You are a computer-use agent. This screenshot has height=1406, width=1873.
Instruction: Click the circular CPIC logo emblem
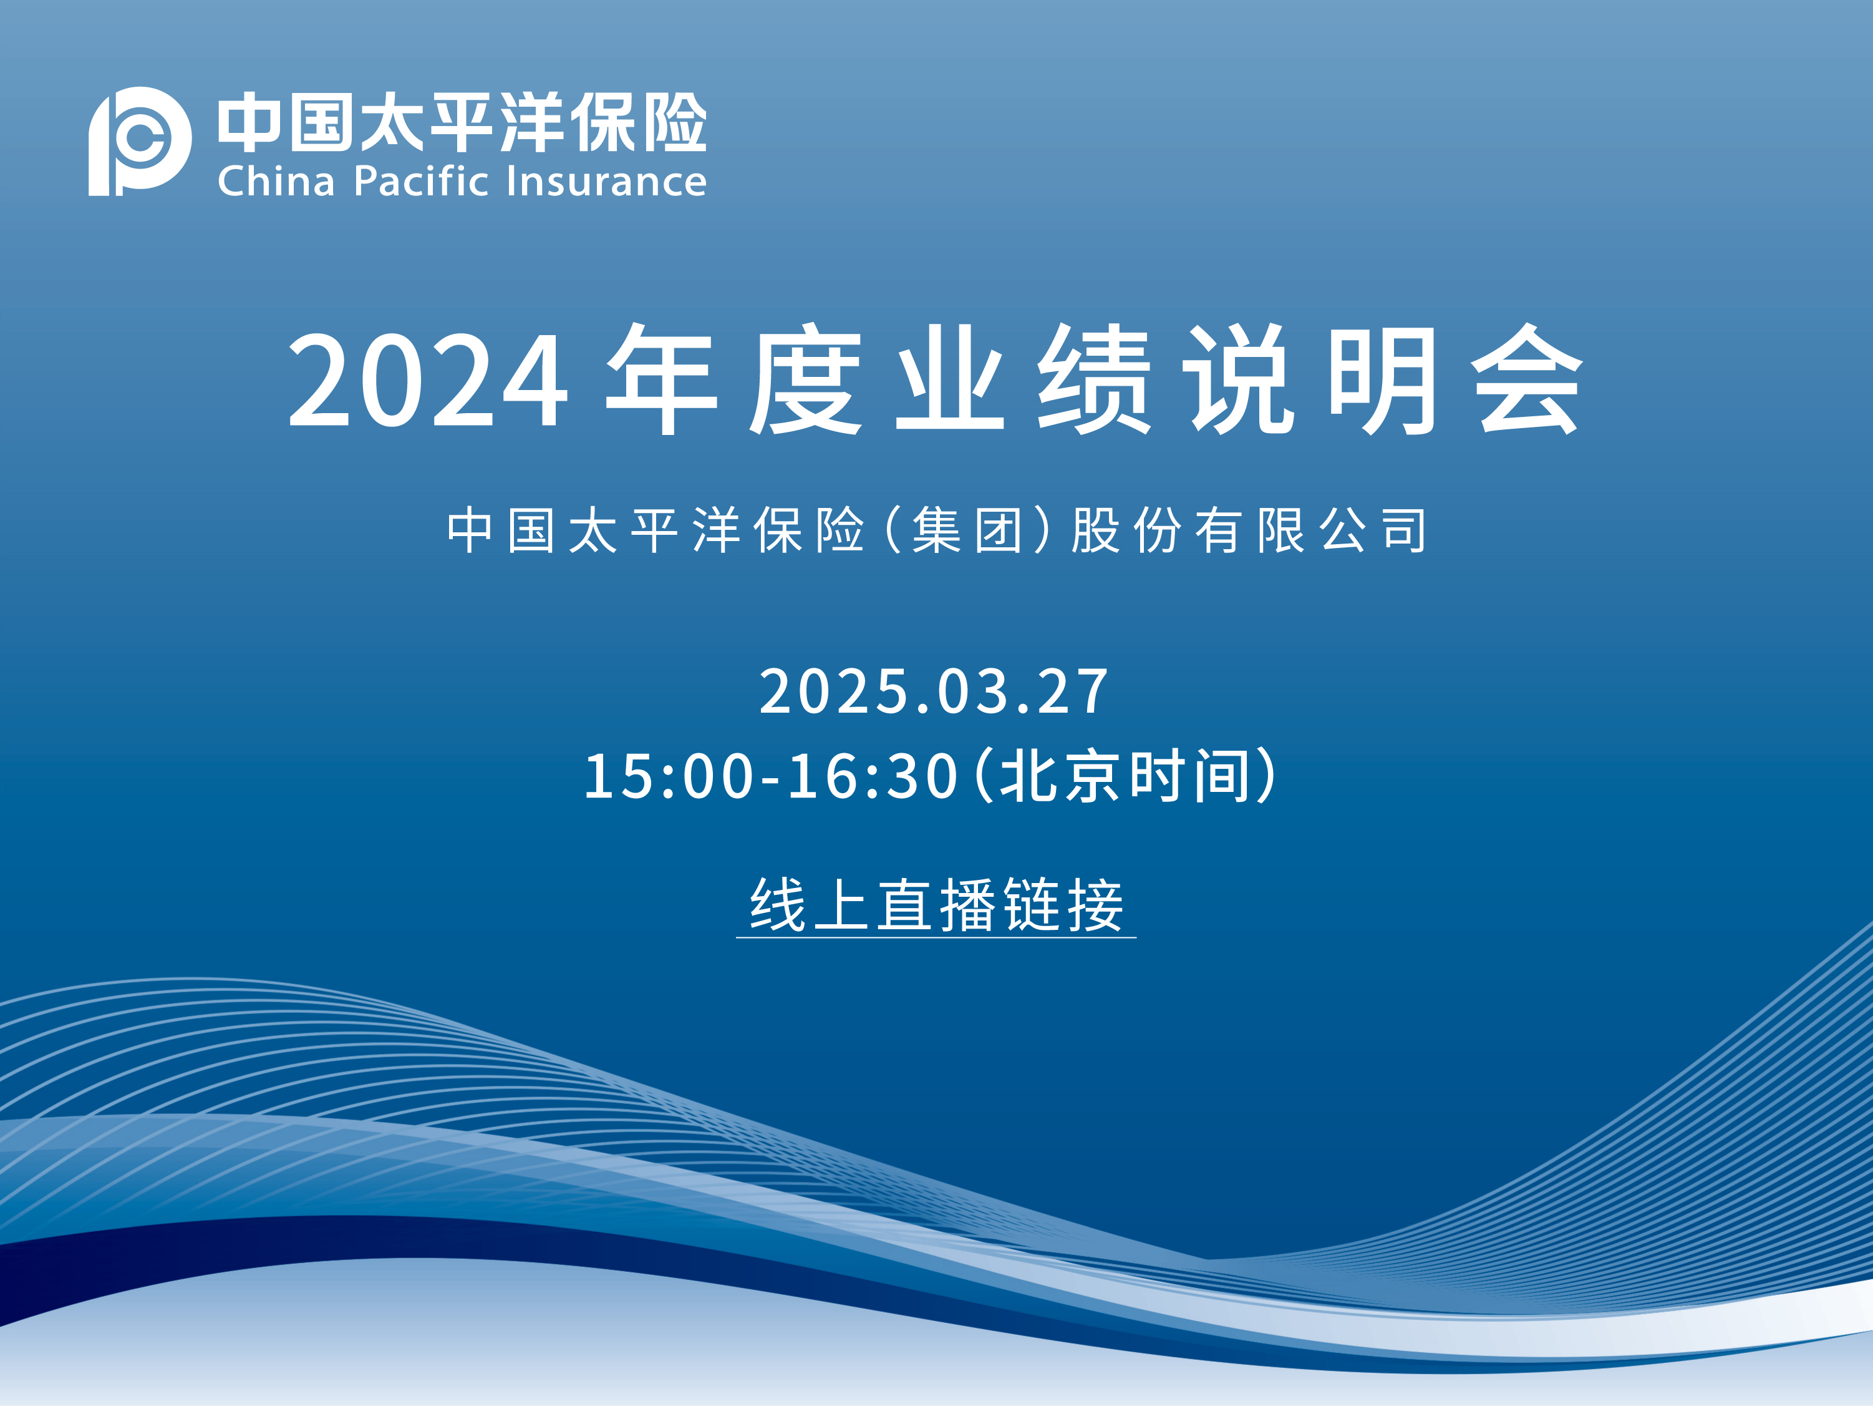click(140, 140)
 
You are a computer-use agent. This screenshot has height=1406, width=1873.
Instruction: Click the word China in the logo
click(276, 181)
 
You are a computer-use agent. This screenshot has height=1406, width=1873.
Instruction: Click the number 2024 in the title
click(428, 379)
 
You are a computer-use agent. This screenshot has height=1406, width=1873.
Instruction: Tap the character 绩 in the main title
click(1094, 379)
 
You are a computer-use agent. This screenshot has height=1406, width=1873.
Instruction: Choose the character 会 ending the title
click(1527, 379)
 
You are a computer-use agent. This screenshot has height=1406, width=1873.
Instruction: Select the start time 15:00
click(669, 776)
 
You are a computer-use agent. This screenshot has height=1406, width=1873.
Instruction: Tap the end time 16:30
click(873, 776)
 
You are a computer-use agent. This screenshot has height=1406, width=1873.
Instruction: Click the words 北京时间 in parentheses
click(1125, 776)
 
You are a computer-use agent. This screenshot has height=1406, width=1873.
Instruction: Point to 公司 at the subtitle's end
click(1373, 530)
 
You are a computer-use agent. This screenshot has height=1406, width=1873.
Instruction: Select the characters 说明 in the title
click(1311, 379)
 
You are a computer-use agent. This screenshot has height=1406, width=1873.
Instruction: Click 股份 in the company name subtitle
click(1126, 530)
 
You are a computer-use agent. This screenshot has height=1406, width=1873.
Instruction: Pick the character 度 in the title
click(805, 379)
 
